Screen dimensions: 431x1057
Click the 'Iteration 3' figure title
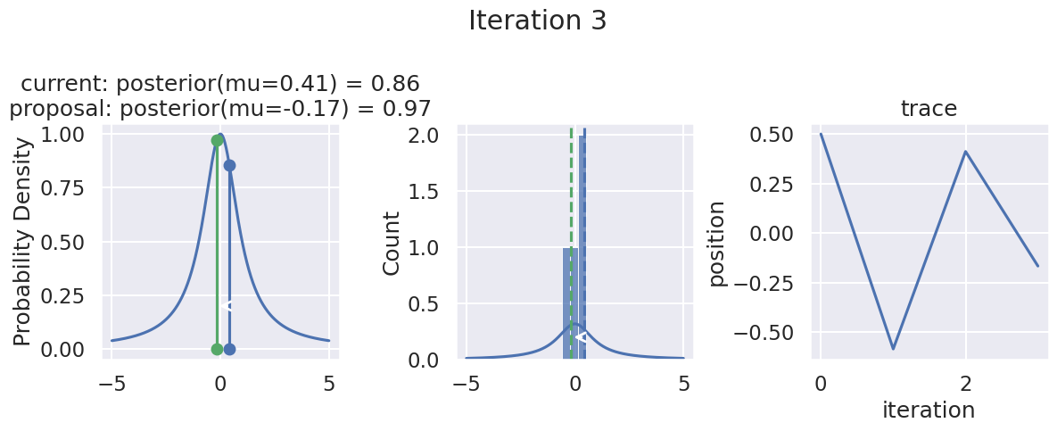coord(538,21)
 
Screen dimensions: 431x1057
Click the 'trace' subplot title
coord(929,109)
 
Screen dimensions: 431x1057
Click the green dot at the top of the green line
coord(217,140)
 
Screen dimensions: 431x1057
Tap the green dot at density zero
coord(217,349)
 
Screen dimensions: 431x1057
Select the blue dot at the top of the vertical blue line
coord(229,165)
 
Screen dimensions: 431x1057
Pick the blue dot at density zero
coord(229,349)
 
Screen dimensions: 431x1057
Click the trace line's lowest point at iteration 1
coord(893,349)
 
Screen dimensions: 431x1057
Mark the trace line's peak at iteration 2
coord(965,152)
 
